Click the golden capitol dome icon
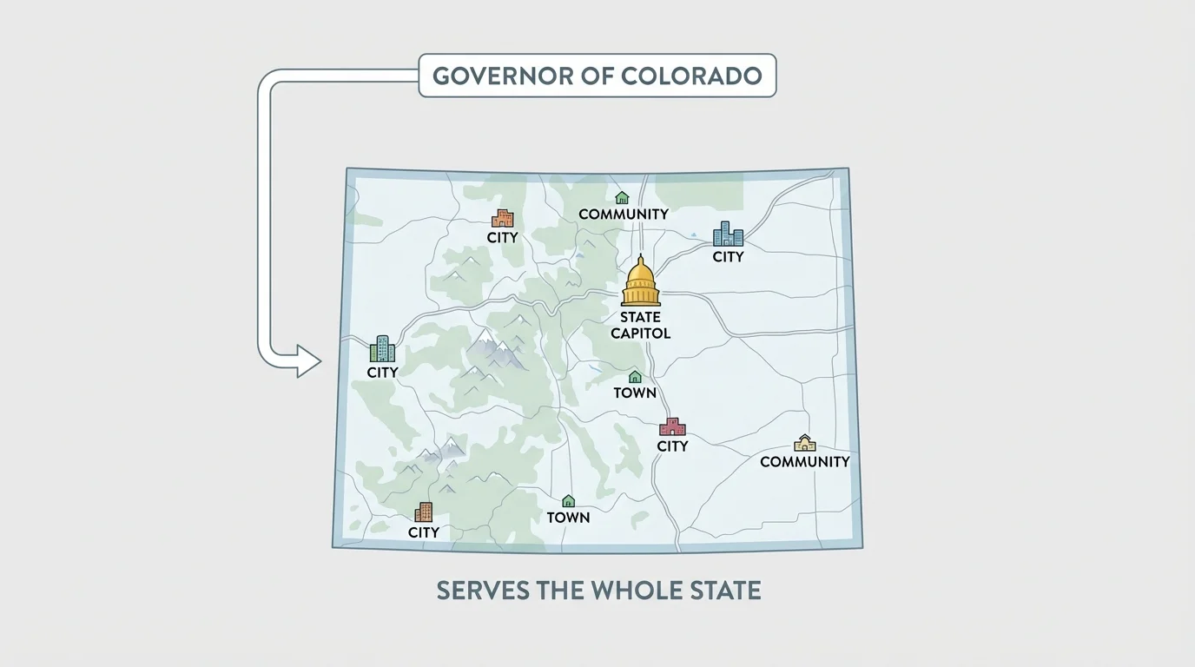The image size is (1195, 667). pyautogui.click(x=641, y=281)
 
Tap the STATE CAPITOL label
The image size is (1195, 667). pyautogui.click(x=641, y=326)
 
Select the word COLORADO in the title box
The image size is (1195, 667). pyautogui.click(x=692, y=76)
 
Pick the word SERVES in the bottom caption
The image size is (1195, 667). pyautogui.click(x=483, y=591)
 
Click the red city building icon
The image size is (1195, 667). pyautogui.click(x=672, y=426)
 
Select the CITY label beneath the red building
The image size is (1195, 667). pyautogui.click(x=672, y=446)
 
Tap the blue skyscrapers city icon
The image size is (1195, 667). pyautogui.click(x=728, y=234)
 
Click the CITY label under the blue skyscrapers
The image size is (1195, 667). pyautogui.click(x=728, y=257)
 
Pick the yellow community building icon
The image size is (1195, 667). pyautogui.click(x=805, y=443)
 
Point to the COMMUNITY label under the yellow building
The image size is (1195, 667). pyautogui.click(x=804, y=462)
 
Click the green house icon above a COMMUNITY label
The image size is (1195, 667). pyautogui.click(x=622, y=198)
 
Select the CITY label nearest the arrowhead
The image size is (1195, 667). pyautogui.click(x=382, y=373)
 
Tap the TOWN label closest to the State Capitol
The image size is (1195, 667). pyautogui.click(x=635, y=393)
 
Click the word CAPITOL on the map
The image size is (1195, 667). pyautogui.click(x=641, y=333)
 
